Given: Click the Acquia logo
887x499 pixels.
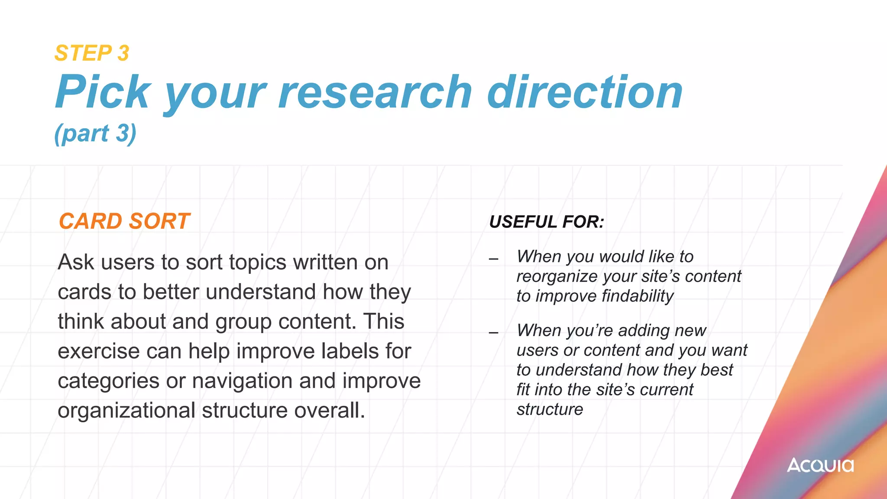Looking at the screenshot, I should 820,465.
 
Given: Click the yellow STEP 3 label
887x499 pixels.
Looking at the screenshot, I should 92,53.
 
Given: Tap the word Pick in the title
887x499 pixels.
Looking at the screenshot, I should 103,92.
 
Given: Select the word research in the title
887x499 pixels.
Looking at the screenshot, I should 375,92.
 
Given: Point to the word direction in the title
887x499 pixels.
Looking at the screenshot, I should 585,92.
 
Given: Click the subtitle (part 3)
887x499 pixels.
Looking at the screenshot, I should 95,133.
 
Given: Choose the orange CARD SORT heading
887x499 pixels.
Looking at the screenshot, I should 124,221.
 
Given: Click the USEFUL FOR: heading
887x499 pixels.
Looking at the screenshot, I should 547,222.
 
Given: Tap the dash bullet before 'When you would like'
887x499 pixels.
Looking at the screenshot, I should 493,259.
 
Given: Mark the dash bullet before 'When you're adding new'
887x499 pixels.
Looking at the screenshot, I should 493,333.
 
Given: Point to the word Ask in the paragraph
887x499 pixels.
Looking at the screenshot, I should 76,262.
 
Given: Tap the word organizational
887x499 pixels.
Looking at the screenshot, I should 126,410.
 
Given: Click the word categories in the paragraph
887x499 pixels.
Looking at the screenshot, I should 109,381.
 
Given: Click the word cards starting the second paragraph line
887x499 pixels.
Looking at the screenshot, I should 84,292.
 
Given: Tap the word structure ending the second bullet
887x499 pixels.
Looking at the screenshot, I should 550,409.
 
